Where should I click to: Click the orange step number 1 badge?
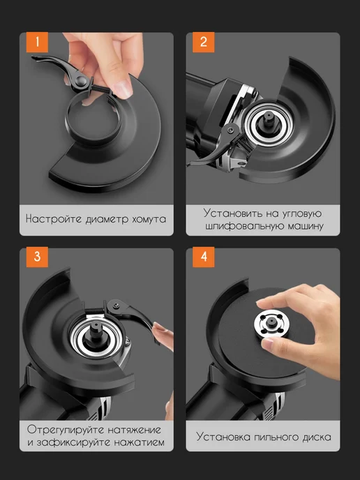[x=37, y=43]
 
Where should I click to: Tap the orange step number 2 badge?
[x=203, y=43]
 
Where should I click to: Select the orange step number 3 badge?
[x=37, y=257]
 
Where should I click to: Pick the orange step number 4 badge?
[x=203, y=257]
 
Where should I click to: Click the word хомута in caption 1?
[x=149, y=219]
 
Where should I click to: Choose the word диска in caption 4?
[x=317, y=437]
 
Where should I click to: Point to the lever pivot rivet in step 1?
[x=81, y=81]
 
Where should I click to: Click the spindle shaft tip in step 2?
[x=268, y=116]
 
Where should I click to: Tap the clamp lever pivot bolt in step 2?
[x=231, y=131]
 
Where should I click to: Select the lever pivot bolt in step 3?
[x=116, y=305]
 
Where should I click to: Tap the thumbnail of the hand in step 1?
[x=124, y=89]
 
